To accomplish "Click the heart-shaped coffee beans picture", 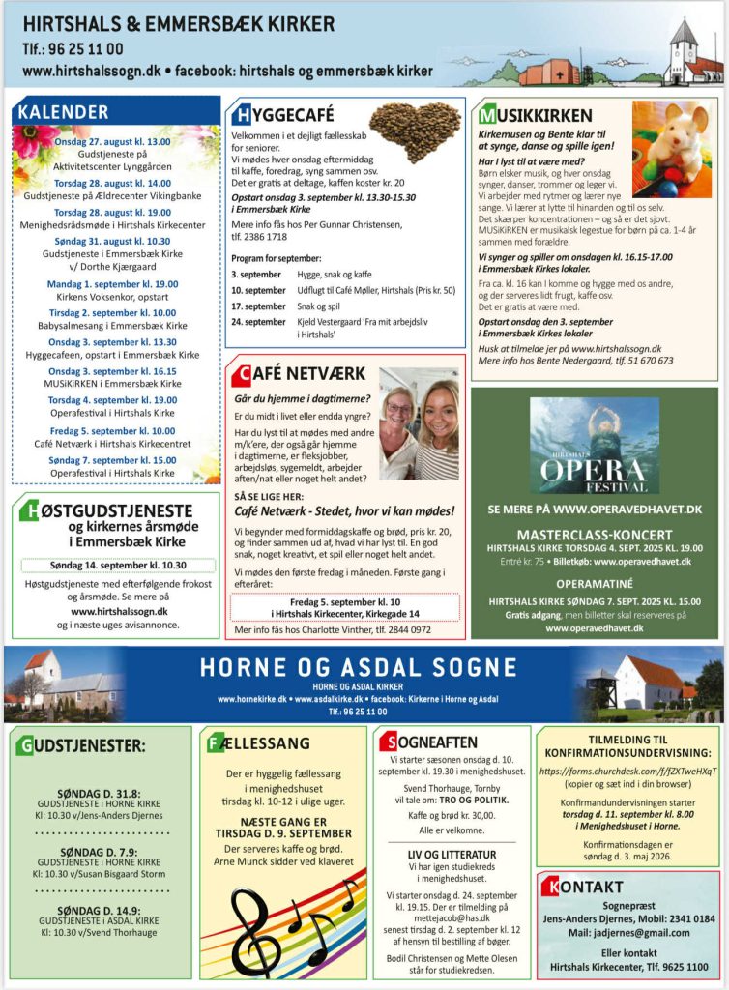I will click(415, 131).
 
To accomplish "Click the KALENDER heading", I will click(64, 111).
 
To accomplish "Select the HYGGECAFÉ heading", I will click(286, 116).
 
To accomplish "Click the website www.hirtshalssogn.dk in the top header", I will click(91, 72).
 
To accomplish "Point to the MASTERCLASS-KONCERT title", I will click(595, 535).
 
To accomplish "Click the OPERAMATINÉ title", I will click(595, 585).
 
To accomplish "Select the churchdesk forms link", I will click(627, 772).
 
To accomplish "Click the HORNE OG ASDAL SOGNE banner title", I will click(358, 666).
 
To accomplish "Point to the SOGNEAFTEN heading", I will click(434, 742).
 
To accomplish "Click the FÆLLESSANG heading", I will click(259, 743).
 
